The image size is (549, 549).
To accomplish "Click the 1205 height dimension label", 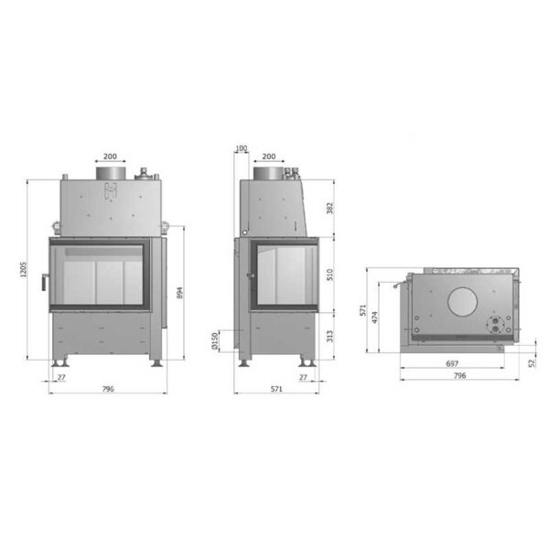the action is [23, 270].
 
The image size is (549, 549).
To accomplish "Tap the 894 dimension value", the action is [179, 293].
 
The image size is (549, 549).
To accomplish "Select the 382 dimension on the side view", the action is [329, 209].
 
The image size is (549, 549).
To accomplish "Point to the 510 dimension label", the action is [329, 274].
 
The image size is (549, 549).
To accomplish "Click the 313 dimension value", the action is [329, 337].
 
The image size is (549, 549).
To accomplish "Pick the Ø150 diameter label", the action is [215, 341].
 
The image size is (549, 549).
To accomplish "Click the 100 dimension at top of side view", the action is [242, 148].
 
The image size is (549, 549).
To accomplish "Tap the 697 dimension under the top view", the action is [452, 364].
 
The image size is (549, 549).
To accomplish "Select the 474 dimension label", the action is [375, 318].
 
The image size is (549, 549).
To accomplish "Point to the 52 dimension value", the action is [533, 363].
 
